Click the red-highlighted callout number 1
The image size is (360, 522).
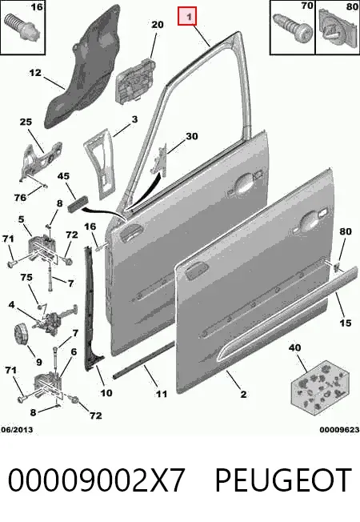click(187, 16)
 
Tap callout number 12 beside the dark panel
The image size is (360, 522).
click(35, 73)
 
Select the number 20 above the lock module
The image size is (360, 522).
click(158, 25)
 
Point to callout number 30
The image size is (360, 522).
click(192, 136)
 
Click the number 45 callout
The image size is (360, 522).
click(63, 176)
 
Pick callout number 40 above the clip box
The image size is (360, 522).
click(294, 348)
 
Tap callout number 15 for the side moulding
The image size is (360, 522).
click(346, 323)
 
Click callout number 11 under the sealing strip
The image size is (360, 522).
click(162, 394)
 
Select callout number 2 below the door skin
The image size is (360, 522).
click(243, 395)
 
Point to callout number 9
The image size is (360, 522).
click(38, 362)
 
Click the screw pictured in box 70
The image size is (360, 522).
click(293, 26)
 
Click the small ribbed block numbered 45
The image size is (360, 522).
click(77, 202)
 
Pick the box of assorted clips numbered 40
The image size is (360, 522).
click(320, 384)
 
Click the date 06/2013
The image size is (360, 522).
click(17, 430)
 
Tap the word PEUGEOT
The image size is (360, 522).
click(283, 480)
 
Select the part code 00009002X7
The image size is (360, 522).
click(96, 480)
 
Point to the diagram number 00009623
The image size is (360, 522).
click(340, 430)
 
